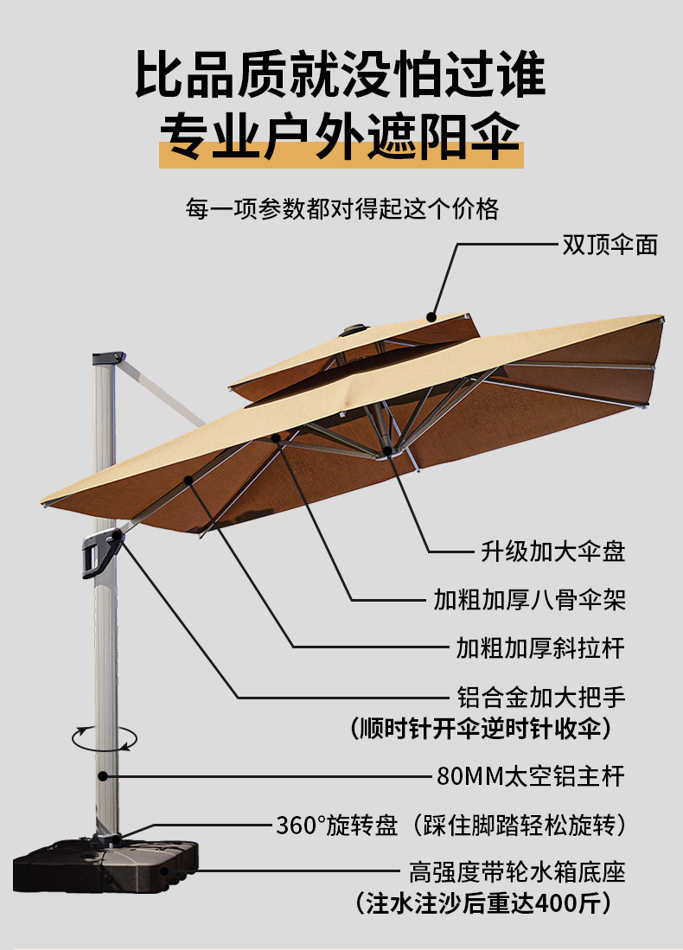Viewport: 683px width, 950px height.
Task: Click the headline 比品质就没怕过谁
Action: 341,74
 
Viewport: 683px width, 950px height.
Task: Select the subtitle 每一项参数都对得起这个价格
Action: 341,209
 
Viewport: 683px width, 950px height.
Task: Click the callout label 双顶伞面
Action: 610,245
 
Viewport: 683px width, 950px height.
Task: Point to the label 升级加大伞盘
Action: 553,552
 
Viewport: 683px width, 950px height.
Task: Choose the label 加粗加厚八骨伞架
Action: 530,599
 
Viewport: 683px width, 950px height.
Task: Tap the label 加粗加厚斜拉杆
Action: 540,647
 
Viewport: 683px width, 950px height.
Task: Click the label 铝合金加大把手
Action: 540,696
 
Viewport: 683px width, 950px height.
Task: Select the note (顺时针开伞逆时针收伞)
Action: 481,729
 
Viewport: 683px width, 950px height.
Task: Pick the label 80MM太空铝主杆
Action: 530,775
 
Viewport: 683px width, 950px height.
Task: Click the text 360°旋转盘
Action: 337,826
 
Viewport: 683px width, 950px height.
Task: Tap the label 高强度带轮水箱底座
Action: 517,871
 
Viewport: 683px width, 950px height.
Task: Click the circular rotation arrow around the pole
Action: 105,737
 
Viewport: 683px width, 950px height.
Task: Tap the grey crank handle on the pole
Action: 100,553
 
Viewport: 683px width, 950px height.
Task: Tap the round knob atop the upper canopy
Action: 354,328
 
